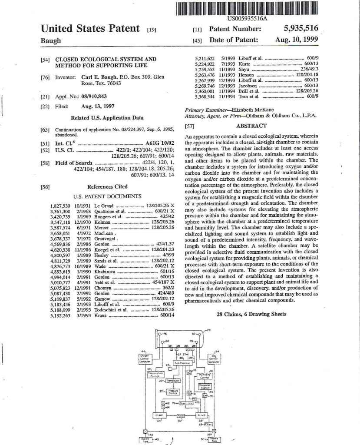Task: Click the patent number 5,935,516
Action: tap(301, 29)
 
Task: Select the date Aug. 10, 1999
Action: tap(297, 40)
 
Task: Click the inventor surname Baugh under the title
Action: tap(50, 40)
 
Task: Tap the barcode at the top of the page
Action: tap(247, 9)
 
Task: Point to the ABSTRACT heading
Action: tap(251, 126)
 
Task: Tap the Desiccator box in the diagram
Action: tap(188, 403)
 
